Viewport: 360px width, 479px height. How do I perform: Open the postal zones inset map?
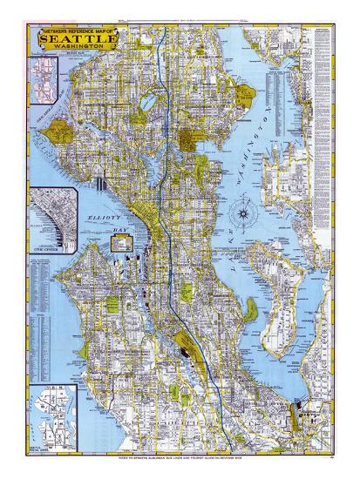pos(51,415)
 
